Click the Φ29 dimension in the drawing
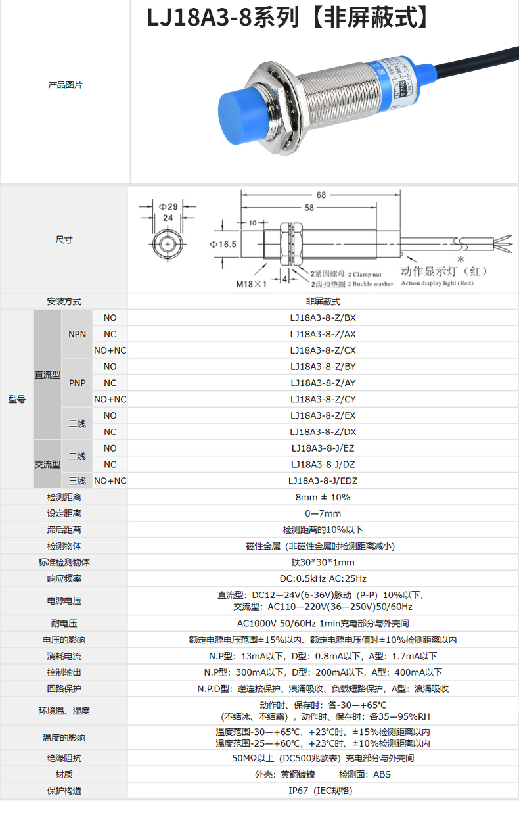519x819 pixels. point(168,205)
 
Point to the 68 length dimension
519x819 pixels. point(321,195)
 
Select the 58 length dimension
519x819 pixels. point(309,208)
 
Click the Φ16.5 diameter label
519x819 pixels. point(223,244)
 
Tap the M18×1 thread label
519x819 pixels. point(252,284)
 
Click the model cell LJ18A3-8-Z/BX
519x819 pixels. point(323,317)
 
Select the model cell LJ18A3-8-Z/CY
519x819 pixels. point(323,399)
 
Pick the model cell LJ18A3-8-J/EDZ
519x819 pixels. point(323,480)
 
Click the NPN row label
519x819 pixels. point(77,334)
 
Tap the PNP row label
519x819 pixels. point(77,383)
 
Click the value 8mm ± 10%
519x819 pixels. point(323,497)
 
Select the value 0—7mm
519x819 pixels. point(323,513)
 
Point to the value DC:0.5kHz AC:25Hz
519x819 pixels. point(323,578)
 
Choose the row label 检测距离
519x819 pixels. point(64,497)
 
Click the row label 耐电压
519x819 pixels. point(64,623)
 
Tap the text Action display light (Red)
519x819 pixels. point(437,283)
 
